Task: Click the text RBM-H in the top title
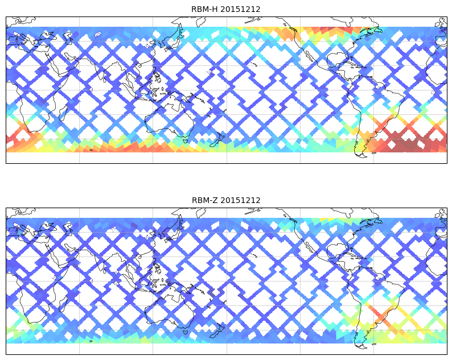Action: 204,9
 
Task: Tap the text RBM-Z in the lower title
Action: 204,200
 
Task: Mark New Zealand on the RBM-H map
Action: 217,140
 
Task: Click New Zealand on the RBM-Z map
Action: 217,331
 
